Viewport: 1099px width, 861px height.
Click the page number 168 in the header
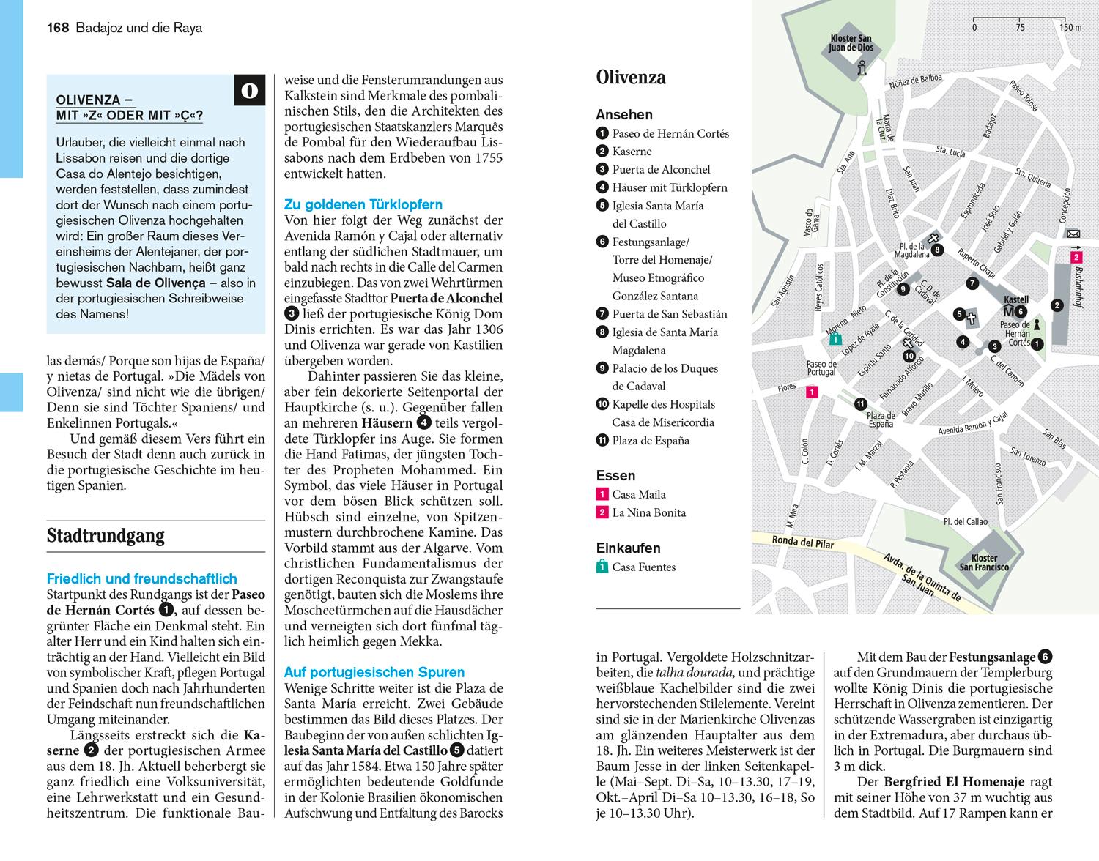point(57,29)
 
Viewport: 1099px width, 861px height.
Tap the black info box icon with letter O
point(249,90)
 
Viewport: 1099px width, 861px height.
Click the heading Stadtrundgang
point(105,536)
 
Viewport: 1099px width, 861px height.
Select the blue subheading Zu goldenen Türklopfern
point(363,205)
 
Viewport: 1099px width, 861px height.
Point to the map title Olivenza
point(631,78)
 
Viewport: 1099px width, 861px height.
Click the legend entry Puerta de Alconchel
point(661,169)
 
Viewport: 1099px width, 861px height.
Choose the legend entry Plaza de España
point(650,441)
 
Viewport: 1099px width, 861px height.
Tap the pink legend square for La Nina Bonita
point(602,512)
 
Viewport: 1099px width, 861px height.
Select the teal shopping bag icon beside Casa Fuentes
point(602,567)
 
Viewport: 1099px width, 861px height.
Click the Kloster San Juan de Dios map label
point(851,43)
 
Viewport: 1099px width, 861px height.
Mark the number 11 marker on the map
point(861,403)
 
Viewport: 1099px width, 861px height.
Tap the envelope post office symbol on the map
point(1073,234)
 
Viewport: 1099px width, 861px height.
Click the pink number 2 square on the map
point(1076,258)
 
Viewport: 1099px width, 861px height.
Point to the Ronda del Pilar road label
point(803,543)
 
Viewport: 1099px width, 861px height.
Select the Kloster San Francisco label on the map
point(984,562)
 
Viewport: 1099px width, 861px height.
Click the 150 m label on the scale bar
point(1070,28)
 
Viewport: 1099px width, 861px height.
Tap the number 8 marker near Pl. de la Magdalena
point(938,250)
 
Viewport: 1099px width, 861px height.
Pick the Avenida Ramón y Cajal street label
point(972,424)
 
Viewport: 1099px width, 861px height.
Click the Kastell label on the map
point(1015,299)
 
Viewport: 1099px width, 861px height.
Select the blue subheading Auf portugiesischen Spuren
point(374,672)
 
